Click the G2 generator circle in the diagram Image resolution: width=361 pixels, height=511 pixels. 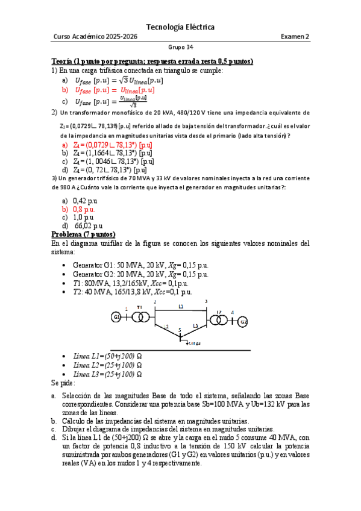coord(243,322)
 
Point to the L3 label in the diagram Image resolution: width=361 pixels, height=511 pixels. coord(195,326)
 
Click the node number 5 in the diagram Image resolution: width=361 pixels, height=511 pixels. coord(180,330)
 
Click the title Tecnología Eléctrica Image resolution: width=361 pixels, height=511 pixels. coord(180,27)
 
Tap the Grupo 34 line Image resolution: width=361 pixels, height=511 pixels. coord(180,49)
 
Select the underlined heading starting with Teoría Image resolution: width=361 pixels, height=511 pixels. coord(152,61)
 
